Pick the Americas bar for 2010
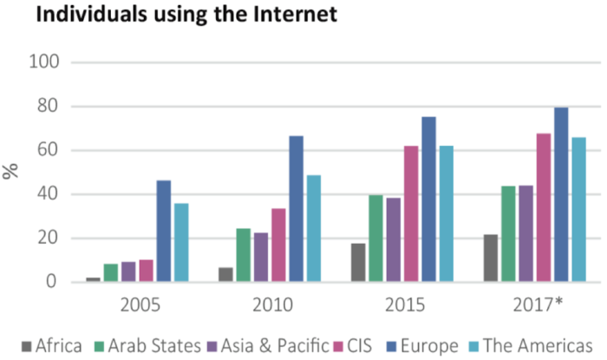(313, 229)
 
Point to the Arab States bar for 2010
(243, 256)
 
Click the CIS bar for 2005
(146, 272)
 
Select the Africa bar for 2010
(225, 275)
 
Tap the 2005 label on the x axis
(138, 304)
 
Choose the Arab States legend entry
(148, 345)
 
